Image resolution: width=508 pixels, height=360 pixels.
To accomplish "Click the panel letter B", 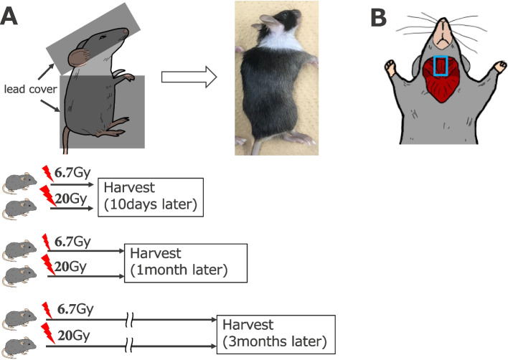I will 380,18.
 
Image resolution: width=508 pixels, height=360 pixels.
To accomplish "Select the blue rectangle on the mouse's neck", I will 442,66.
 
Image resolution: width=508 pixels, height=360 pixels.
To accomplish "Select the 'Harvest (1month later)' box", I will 186,262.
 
